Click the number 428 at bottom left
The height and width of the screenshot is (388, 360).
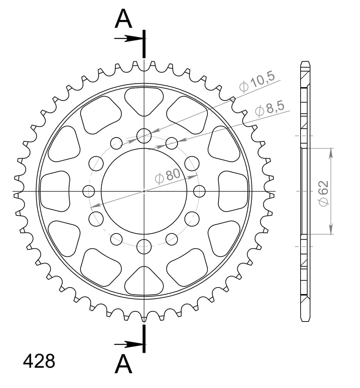pos(39,361)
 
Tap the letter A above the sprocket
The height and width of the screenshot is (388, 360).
pos(123,19)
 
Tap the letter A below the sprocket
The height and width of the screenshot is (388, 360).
pos(123,364)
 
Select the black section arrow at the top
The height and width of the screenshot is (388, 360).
pos(128,39)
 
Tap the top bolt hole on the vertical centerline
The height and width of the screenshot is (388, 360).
pos(144,136)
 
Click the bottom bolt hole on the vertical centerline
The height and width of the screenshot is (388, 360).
pos(144,246)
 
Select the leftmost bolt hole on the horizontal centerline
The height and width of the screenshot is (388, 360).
pos(89,191)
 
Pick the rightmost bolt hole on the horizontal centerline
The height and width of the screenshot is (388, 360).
pos(199,191)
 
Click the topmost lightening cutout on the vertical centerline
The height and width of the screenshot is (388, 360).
pos(144,100)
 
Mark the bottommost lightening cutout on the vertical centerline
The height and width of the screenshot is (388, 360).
pos(144,281)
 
